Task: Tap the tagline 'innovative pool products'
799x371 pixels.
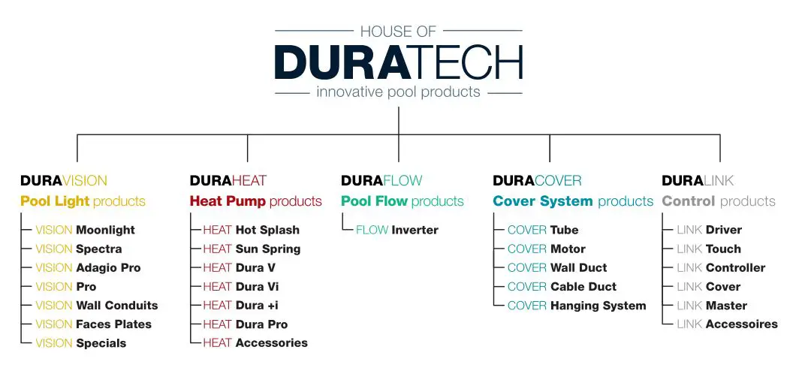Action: [x=398, y=92]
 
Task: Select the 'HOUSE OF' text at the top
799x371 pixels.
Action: [x=398, y=32]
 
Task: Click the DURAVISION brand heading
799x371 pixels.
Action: [x=64, y=181]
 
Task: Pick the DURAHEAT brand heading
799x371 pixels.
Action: [x=228, y=181]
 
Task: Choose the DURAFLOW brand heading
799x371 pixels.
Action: [x=381, y=181]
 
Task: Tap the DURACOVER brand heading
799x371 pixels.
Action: [x=537, y=181]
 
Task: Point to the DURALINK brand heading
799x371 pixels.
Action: [x=698, y=181]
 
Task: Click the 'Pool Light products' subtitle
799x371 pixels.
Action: [x=83, y=201]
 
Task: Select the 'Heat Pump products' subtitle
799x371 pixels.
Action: [x=255, y=201]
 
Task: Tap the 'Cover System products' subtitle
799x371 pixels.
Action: [x=573, y=201]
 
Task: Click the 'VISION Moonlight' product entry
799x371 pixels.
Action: [x=85, y=230]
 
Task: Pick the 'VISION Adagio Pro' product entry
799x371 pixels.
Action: [x=88, y=267]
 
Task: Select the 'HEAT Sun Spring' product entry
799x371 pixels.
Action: [x=252, y=249]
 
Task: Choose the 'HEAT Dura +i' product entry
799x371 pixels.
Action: [x=240, y=306]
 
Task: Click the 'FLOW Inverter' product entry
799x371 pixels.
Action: [x=396, y=230]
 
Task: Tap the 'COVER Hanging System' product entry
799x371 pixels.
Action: [x=576, y=306]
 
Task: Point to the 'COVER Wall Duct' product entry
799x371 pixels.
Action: [x=556, y=267]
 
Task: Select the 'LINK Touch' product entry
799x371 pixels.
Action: [x=708, y=249]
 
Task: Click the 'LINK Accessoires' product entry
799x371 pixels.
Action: [x=727, y=324]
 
